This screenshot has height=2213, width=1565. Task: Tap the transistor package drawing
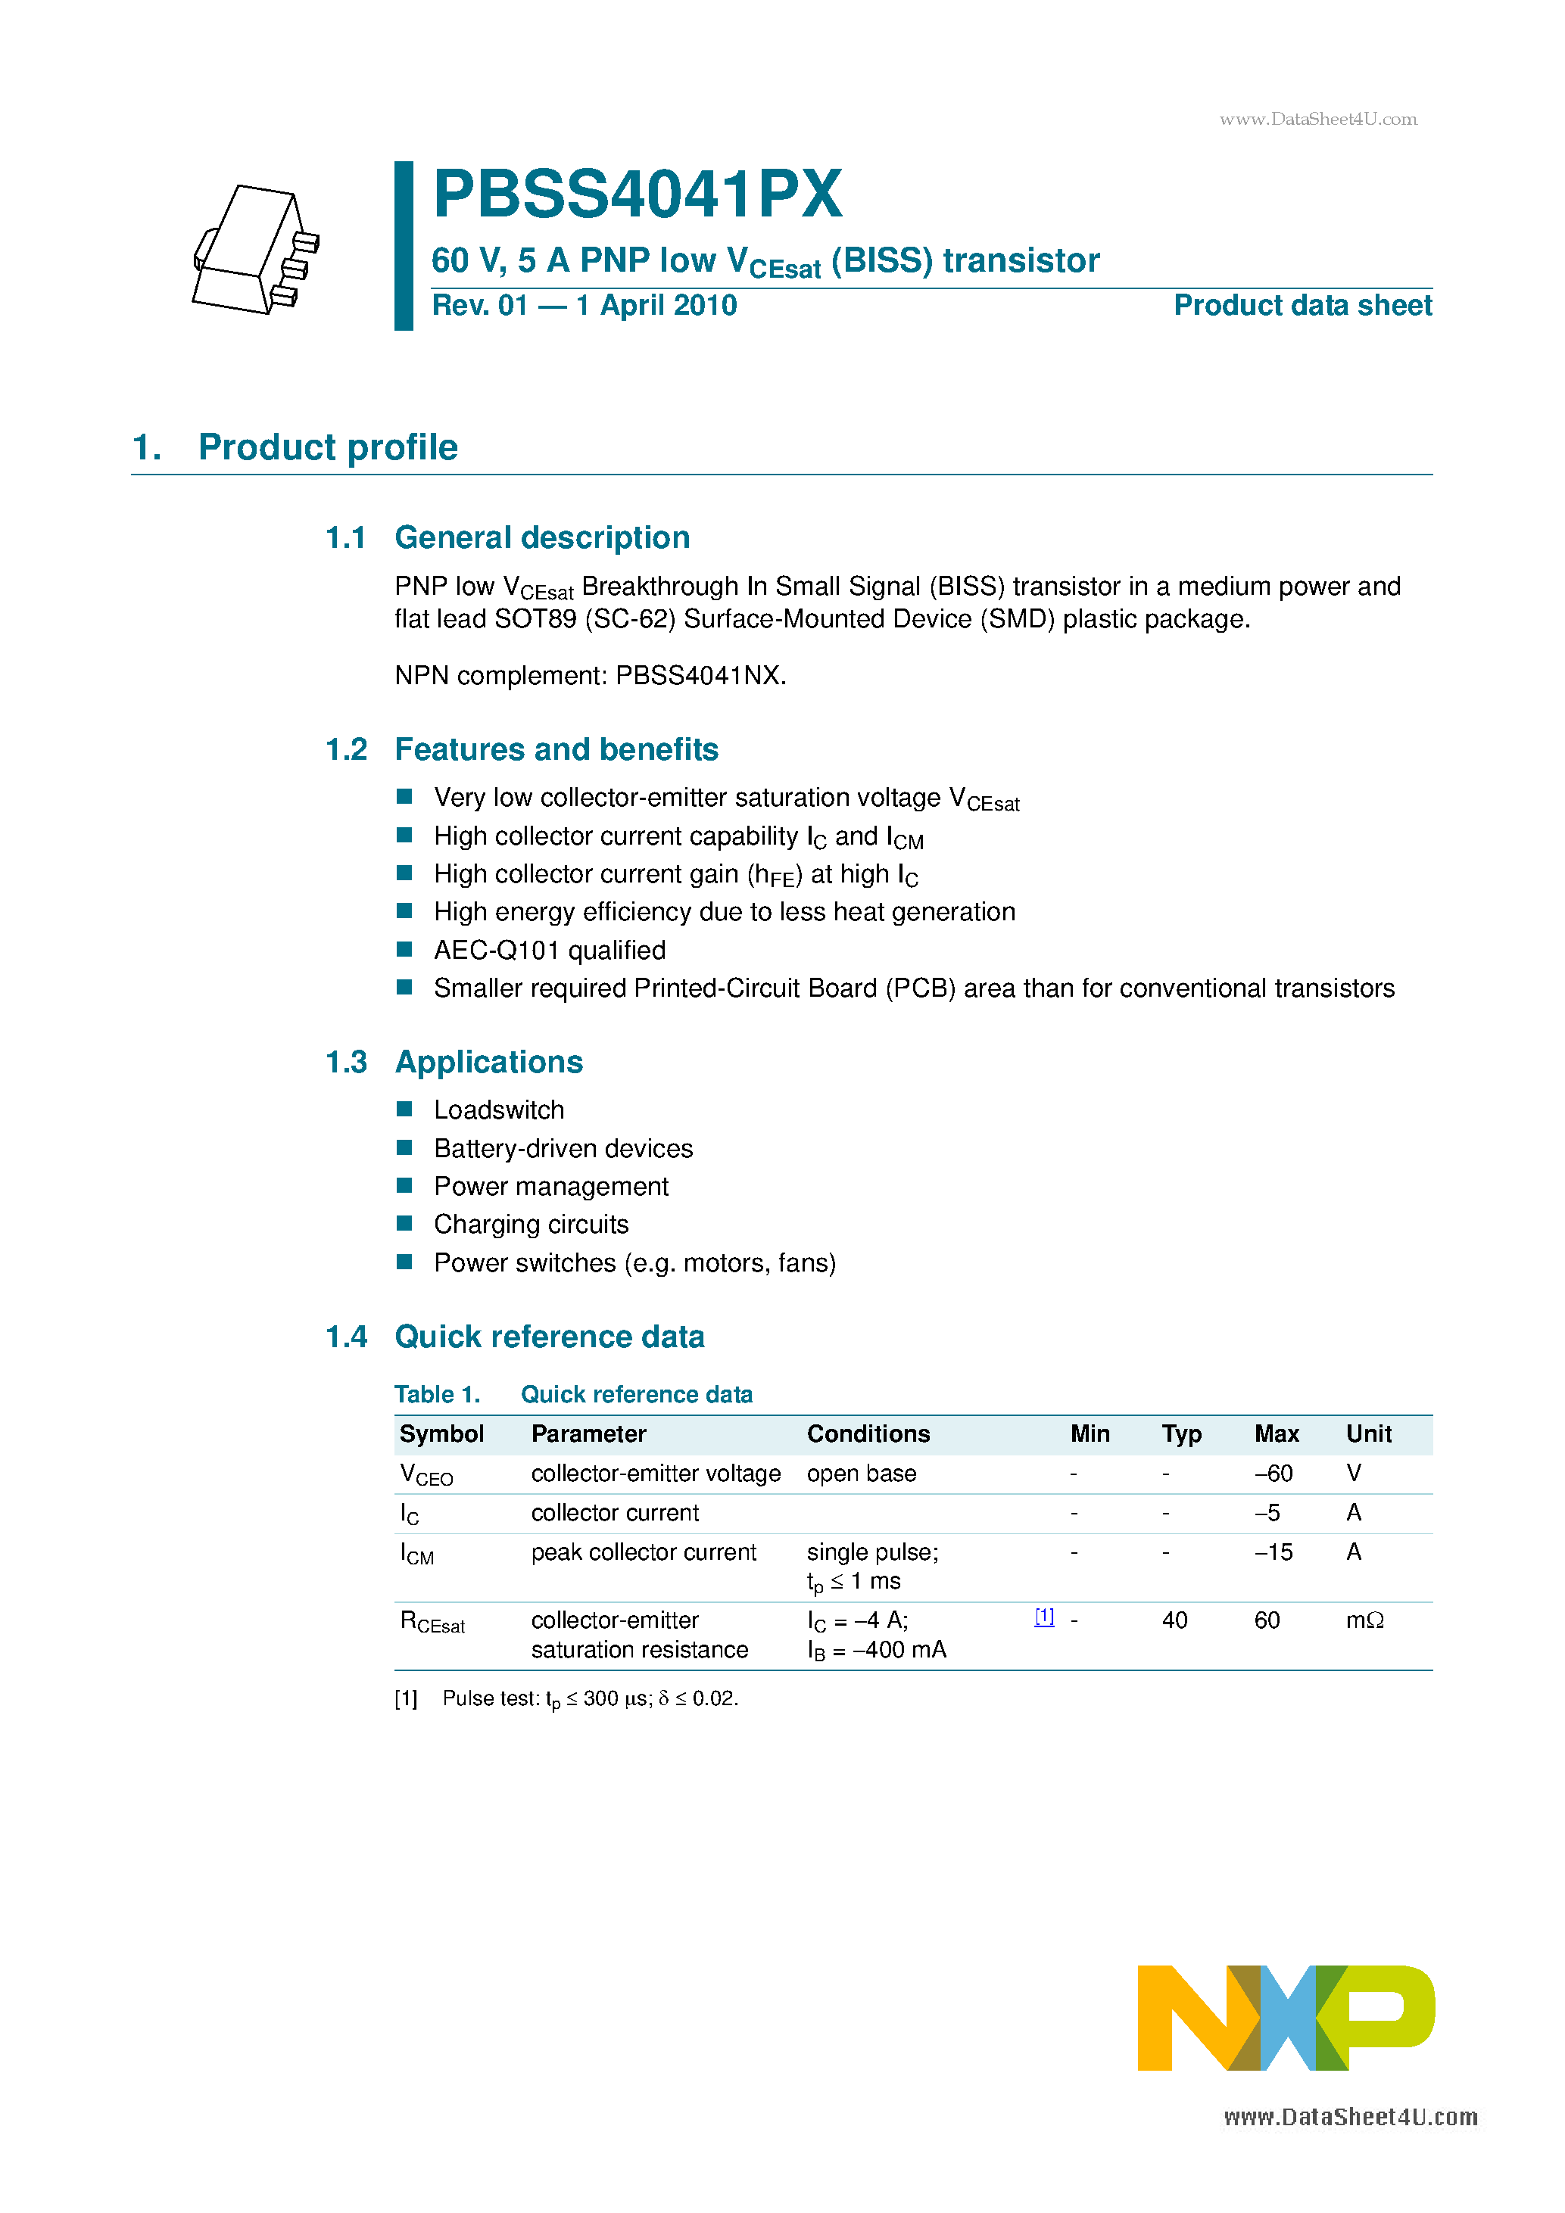[x=255, y=250]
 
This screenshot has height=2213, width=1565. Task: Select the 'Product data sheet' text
[x=1302, y=306]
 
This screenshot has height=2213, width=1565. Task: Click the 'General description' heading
[x=542, y=538]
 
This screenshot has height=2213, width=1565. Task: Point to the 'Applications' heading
[x=489, y=1062]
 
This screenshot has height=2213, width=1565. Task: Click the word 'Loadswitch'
[x=498, y=1110]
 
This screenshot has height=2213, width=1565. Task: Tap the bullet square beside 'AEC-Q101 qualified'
[x=405, y=949]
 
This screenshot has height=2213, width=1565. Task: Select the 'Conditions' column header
[x=868, y=1434]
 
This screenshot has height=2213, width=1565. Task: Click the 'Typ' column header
[x=1181, y=1434]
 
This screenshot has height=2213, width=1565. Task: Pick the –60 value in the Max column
[x=1273, y=1474]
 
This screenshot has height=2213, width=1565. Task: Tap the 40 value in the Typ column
[x=1174, y=1621]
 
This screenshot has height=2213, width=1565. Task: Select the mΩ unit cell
[x=1364, y=1621]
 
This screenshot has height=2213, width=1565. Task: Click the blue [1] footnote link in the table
[x=1044, y=1617]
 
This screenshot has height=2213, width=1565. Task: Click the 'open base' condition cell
[x=861, y=1474]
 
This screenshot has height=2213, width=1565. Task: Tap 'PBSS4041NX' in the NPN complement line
[x=699, y=676]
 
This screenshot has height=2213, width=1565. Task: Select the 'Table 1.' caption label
[x=437, y=1395]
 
